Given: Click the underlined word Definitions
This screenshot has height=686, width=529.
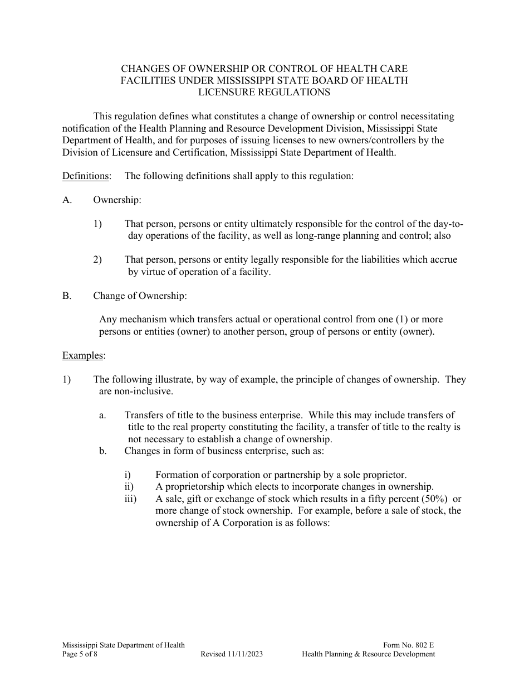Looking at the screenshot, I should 86,176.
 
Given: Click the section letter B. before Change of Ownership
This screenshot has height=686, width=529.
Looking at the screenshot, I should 67,296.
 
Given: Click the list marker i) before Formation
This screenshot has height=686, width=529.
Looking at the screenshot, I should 128,475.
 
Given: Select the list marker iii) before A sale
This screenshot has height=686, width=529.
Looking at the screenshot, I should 130,499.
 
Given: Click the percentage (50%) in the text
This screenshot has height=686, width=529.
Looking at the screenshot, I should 430,499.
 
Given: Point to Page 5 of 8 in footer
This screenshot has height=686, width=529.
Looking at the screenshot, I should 81,654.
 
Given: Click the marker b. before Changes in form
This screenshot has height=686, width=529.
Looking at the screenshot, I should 103,451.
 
